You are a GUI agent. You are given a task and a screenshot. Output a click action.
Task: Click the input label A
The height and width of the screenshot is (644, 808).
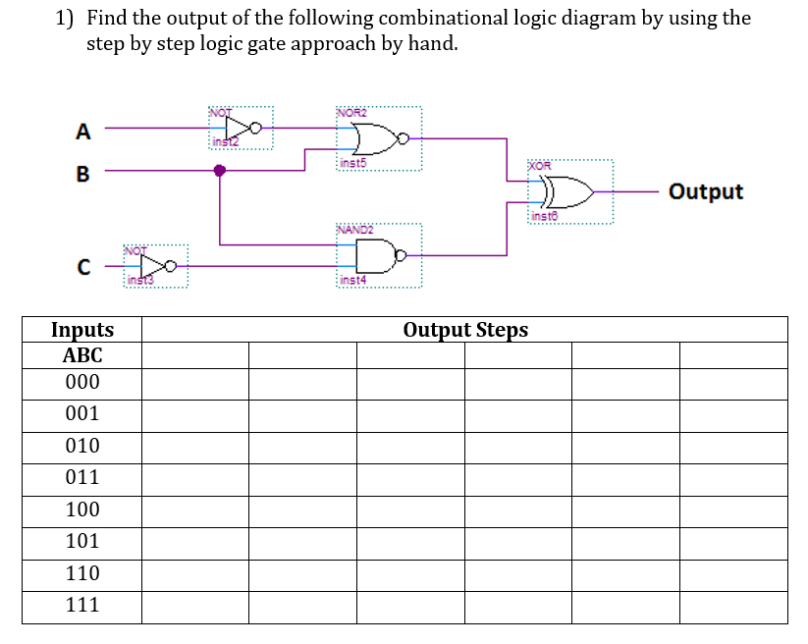pyautogui.click(x=83, y=131)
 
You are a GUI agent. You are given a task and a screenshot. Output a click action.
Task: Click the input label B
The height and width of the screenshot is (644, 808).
pyautogui.click(x=83, y=175)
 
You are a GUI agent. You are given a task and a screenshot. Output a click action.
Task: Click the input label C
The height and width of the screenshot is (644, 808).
pyautogui.click(x=84, y=266)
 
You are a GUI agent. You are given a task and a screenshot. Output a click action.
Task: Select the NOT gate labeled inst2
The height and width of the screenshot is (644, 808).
pyautogui.click(x=242, y=128)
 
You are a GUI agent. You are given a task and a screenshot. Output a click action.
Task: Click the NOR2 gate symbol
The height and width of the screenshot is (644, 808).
pyautogui.click(x=378, y=138)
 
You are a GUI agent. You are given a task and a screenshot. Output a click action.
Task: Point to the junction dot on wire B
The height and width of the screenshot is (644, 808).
pyautogui.click(x=220, y=171)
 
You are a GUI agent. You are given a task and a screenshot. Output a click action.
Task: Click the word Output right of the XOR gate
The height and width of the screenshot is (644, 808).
pyautogui.click(x=706, y=191)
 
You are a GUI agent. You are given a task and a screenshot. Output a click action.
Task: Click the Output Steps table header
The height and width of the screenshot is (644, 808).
pyautogui.click(x=465, y=330)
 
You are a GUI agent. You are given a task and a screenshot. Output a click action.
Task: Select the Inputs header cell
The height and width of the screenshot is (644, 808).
pyautogui.click(x=82, y=330)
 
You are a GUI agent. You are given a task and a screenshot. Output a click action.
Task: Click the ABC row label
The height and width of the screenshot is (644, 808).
pyautogui.click(x=82, y=355)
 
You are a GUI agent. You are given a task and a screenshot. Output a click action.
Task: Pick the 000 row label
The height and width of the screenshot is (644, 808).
pyautogui.click(x=82, y=383)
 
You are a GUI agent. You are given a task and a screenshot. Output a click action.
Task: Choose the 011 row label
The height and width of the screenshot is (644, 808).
pyautogui.click(x=82, y=478)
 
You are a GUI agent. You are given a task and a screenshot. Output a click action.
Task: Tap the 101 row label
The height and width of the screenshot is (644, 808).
pyautogui.click(x=82, y=542)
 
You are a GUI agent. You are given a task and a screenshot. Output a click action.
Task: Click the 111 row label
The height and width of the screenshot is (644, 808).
pyautogui.click(x=82, y=606)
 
